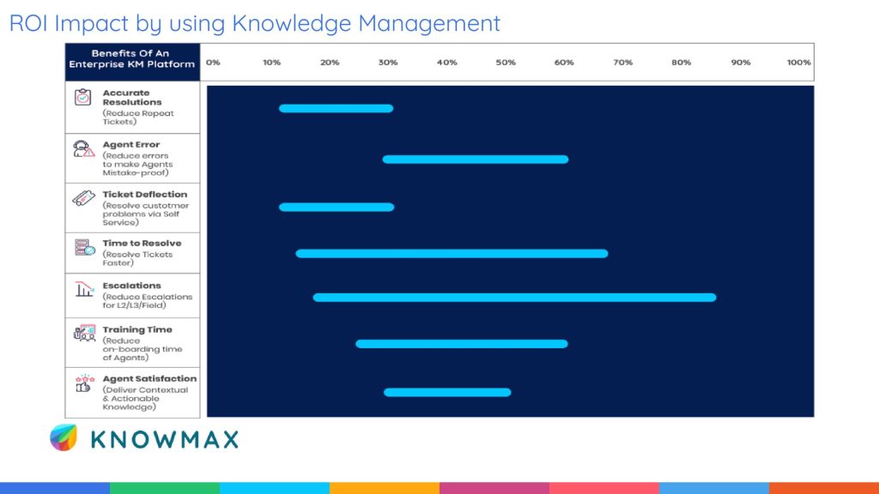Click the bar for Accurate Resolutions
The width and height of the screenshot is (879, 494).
pyautogui.click(x=336, y=108)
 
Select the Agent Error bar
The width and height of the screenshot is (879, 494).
pyautogui.click(x=475, y=160)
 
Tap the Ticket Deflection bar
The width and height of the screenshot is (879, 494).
pyautogui.click(x=336, y=207)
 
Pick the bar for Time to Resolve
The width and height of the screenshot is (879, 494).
pyautogui.click(x=452, y=254)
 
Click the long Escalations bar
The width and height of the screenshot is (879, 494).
pyautogui.click(x=514, y=298)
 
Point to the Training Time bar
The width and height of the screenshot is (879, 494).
pyautogui.click(x=462, y=344)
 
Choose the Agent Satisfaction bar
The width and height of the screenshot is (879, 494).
pyautogui.click(x=447, y=392)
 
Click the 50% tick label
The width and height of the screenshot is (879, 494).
pyautogui.click(x=506, y=63)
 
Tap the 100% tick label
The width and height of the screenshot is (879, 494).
pyautogui.click(x=798, y=63)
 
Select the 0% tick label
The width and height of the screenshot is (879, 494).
pyautogui.click(x=213, y=63)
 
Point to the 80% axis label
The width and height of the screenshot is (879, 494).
pyautogui.click(x=682, y=63)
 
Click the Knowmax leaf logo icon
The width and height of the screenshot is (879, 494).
pyautogui.click(x=64, y=437)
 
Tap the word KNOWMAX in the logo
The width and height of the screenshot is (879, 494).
pyautogui.click(x=164, y=439)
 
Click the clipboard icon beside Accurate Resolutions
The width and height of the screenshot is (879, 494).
pyautogui.click(x=83, y=97)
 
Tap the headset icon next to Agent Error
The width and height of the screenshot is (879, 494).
pyautogui.click(x=83, y=148)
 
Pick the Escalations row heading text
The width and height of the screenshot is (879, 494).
pyautogui.click(x=131, y=286)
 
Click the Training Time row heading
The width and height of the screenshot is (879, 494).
pyautogui.click(x=137, y=329)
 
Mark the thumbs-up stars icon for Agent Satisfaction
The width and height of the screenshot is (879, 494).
pyautogui.click(x=84, y=383)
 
